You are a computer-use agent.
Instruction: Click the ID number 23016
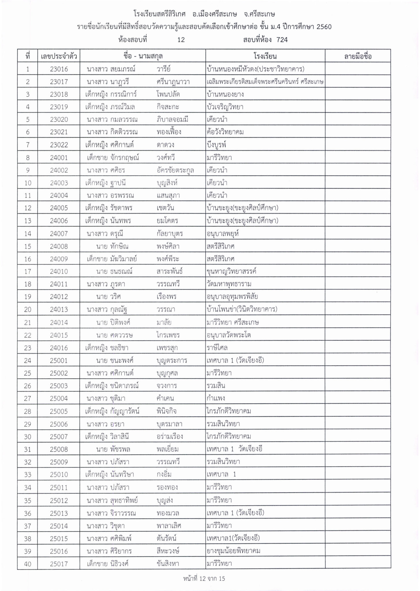59,69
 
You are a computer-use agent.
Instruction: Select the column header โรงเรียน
265,56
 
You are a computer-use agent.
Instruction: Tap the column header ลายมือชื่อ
358,56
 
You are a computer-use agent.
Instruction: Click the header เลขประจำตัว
59,56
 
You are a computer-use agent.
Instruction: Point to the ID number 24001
59,158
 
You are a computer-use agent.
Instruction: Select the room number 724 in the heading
282,40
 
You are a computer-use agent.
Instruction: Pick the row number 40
27,564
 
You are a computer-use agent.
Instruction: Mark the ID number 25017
59,564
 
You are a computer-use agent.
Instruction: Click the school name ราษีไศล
217,348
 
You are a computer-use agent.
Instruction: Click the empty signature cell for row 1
358,69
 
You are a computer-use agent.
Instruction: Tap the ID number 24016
59,348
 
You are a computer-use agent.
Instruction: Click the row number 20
27,310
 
